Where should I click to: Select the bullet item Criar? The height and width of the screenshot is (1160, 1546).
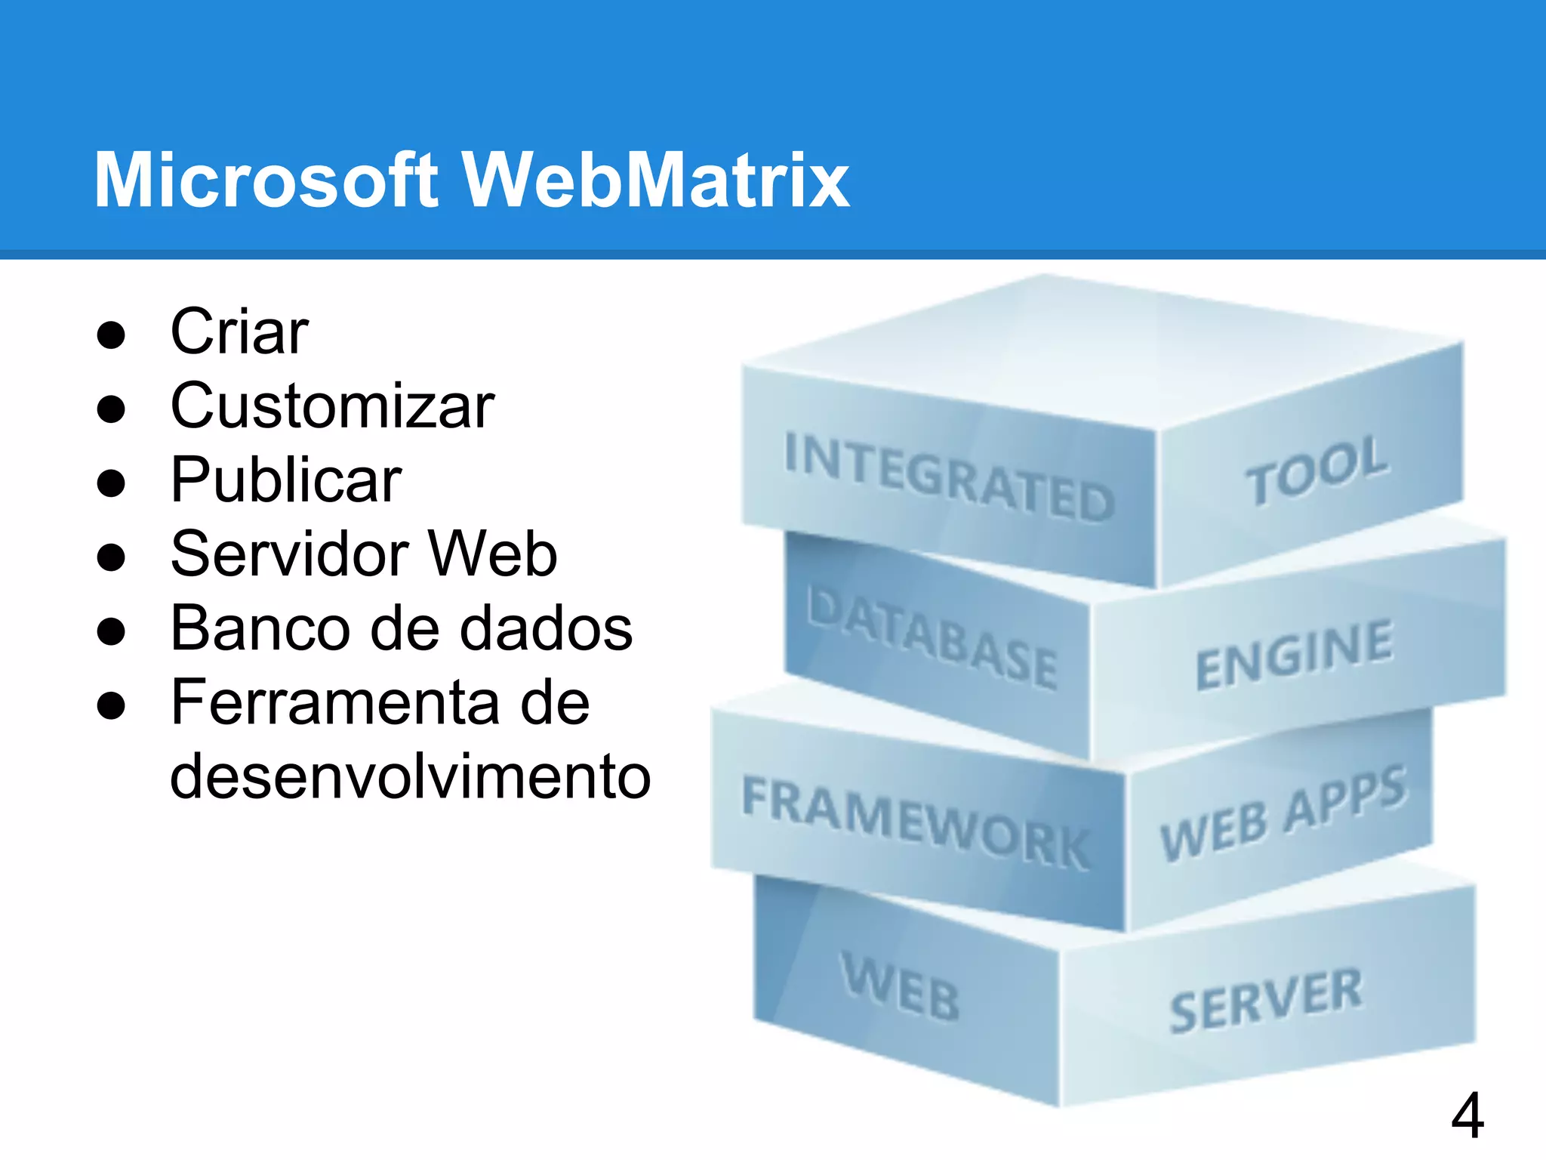point(239,332)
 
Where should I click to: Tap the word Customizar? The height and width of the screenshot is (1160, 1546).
point(332,406)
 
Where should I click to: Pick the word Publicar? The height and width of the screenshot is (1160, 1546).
point(286,480)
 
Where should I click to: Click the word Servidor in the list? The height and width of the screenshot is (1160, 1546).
point(290,554)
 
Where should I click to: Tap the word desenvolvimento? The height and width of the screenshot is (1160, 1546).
point(410,776)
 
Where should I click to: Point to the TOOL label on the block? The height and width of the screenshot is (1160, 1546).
point(1317,470)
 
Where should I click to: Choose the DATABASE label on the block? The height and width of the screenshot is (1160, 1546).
point(932,638)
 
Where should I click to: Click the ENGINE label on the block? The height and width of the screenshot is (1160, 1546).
point(1294,656)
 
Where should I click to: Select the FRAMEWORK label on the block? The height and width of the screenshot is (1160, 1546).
point(916,822)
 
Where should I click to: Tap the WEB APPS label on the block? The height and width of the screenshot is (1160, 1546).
point(1283,814)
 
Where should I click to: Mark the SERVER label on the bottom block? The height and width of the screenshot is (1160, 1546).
point(1266,1001)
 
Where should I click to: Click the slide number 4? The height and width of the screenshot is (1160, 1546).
point(1467,1116)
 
